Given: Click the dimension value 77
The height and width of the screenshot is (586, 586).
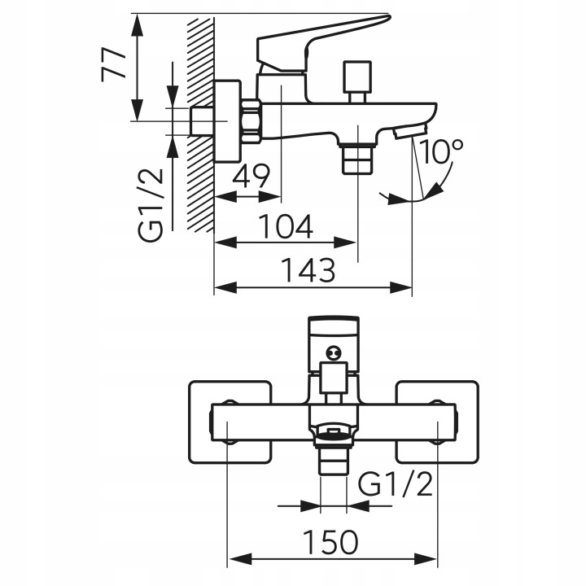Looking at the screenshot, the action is click(x=113, y=64).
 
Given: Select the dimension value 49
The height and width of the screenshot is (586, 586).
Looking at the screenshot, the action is click(x=251, y=176).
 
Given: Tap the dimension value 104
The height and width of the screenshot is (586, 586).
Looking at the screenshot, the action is click(x=286, y=226).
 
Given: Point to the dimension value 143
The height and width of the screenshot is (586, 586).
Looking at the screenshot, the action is click(x=308, y=270).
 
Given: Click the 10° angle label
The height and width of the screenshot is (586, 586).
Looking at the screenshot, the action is click(x=442, y=151).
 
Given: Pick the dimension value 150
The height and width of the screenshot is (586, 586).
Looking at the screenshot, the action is click(x=330, y=542).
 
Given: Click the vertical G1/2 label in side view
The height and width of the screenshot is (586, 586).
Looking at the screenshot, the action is click(x=151, y=204).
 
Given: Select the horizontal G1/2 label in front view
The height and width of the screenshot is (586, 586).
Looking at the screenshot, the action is click(x=396, y=483).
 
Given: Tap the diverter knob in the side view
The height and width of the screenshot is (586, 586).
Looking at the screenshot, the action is click(x=358, y=81).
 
